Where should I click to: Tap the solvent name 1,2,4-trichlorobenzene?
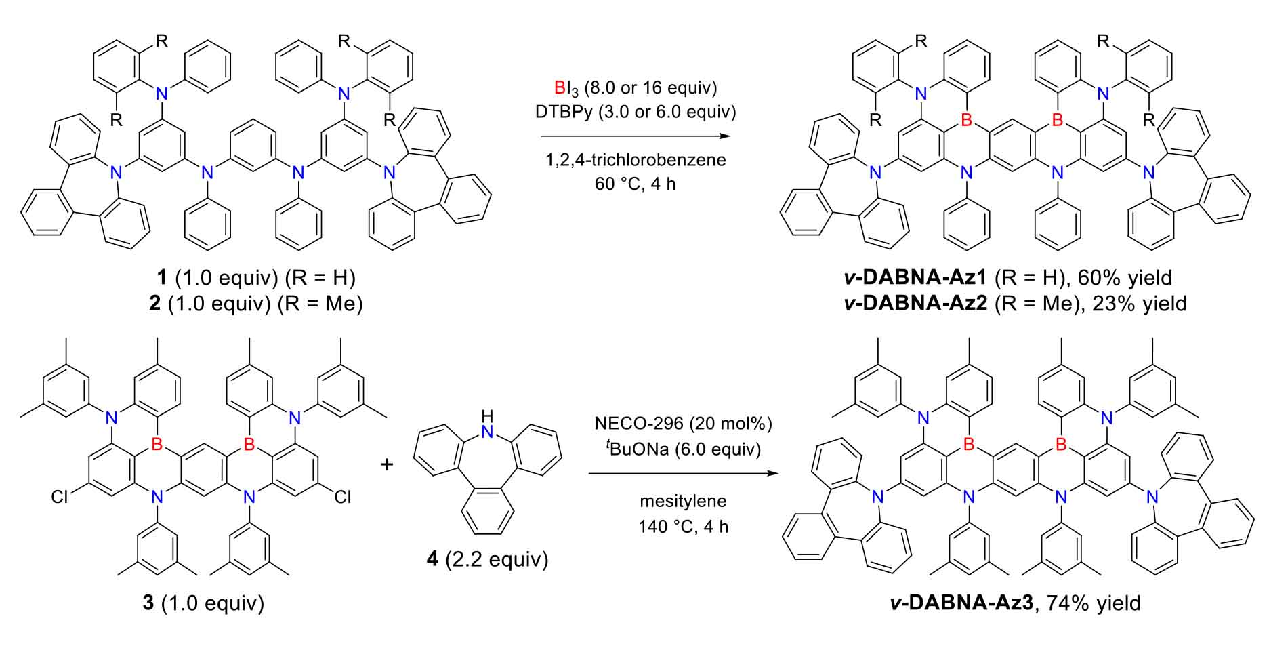click(x=635, y=160)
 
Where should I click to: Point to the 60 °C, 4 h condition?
click(x=635, y=183)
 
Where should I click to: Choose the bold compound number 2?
click(x=155, y=303)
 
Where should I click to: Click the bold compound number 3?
click(x=148, y=603)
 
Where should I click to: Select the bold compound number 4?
click(x=432, y=560)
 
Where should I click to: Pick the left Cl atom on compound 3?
click(x=60, y=498)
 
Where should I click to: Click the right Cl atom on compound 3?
click(x=344, y=498)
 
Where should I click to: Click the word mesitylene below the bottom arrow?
click(x=683, y=501)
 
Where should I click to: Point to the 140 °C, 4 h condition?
click(x=683, y=526)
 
